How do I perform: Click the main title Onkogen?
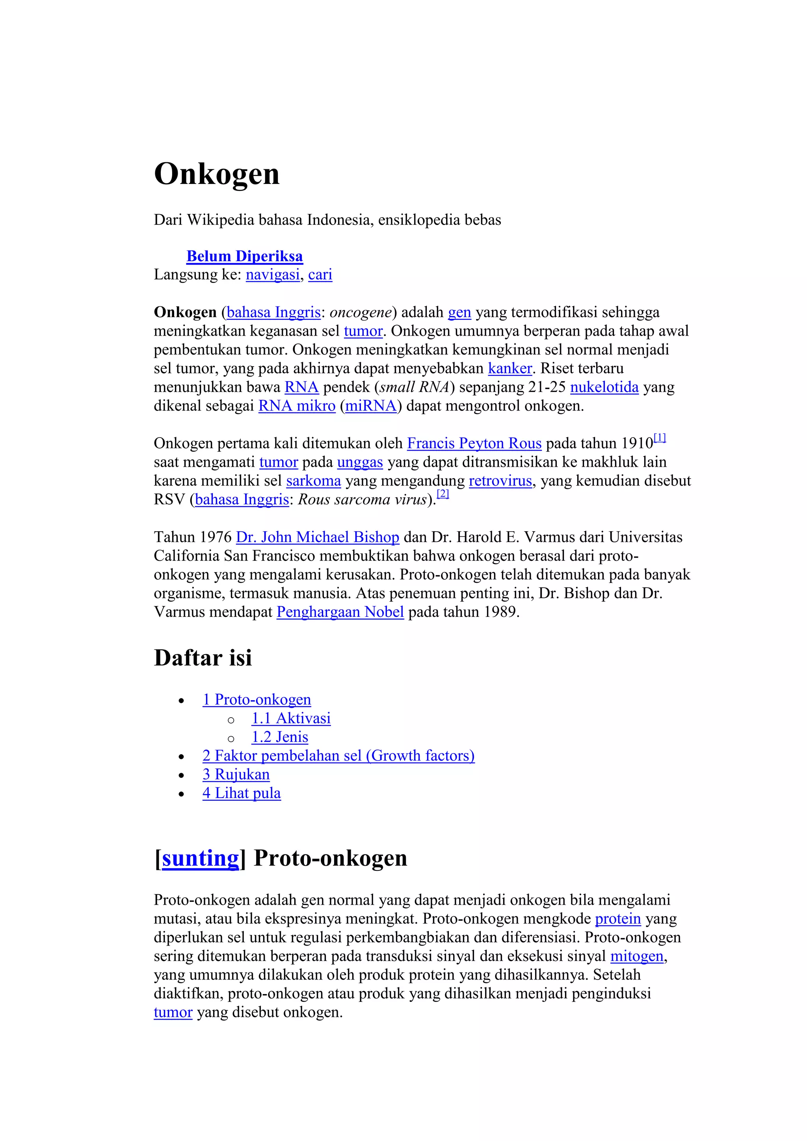pos(217,174)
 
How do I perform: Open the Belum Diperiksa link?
pos(244,256)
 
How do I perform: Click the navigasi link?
pos(272,275)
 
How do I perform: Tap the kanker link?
pos(509,368)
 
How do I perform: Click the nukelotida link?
pos(604,387)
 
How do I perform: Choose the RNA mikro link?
pos(297,406)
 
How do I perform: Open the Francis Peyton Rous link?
pos(474,443)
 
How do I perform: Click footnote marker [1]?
pos(659,438)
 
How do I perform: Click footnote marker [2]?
pos(443,494)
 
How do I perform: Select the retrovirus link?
pos(500,481)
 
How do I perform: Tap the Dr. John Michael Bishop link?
pos(317,537)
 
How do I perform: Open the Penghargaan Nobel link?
pos(340,612)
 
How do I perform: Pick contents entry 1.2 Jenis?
pos(279,737)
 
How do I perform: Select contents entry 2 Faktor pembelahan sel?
pos(338,756)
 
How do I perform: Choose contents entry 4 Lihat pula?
pos(242,793)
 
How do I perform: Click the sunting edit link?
pos(201,858)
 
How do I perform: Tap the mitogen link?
pos(637,956)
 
